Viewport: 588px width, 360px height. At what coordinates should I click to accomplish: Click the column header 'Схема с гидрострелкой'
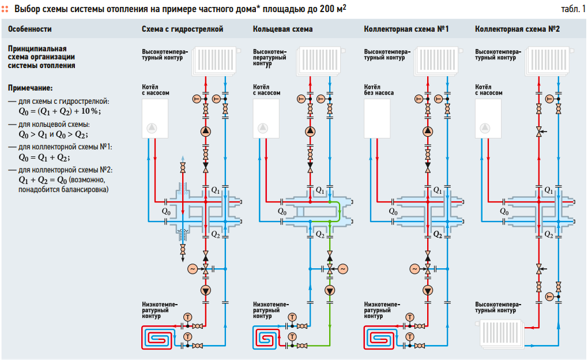(182, 29)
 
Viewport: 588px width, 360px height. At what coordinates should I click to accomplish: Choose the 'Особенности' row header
(30, 29)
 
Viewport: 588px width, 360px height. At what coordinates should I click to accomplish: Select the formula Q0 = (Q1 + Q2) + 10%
(59, 111)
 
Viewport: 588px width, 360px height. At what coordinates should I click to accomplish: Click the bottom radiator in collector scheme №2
(500, 333)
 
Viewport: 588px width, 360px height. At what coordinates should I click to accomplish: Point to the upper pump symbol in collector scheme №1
(427, 131)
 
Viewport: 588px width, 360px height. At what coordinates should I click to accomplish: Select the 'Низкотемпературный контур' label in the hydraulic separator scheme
(160, 310)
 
